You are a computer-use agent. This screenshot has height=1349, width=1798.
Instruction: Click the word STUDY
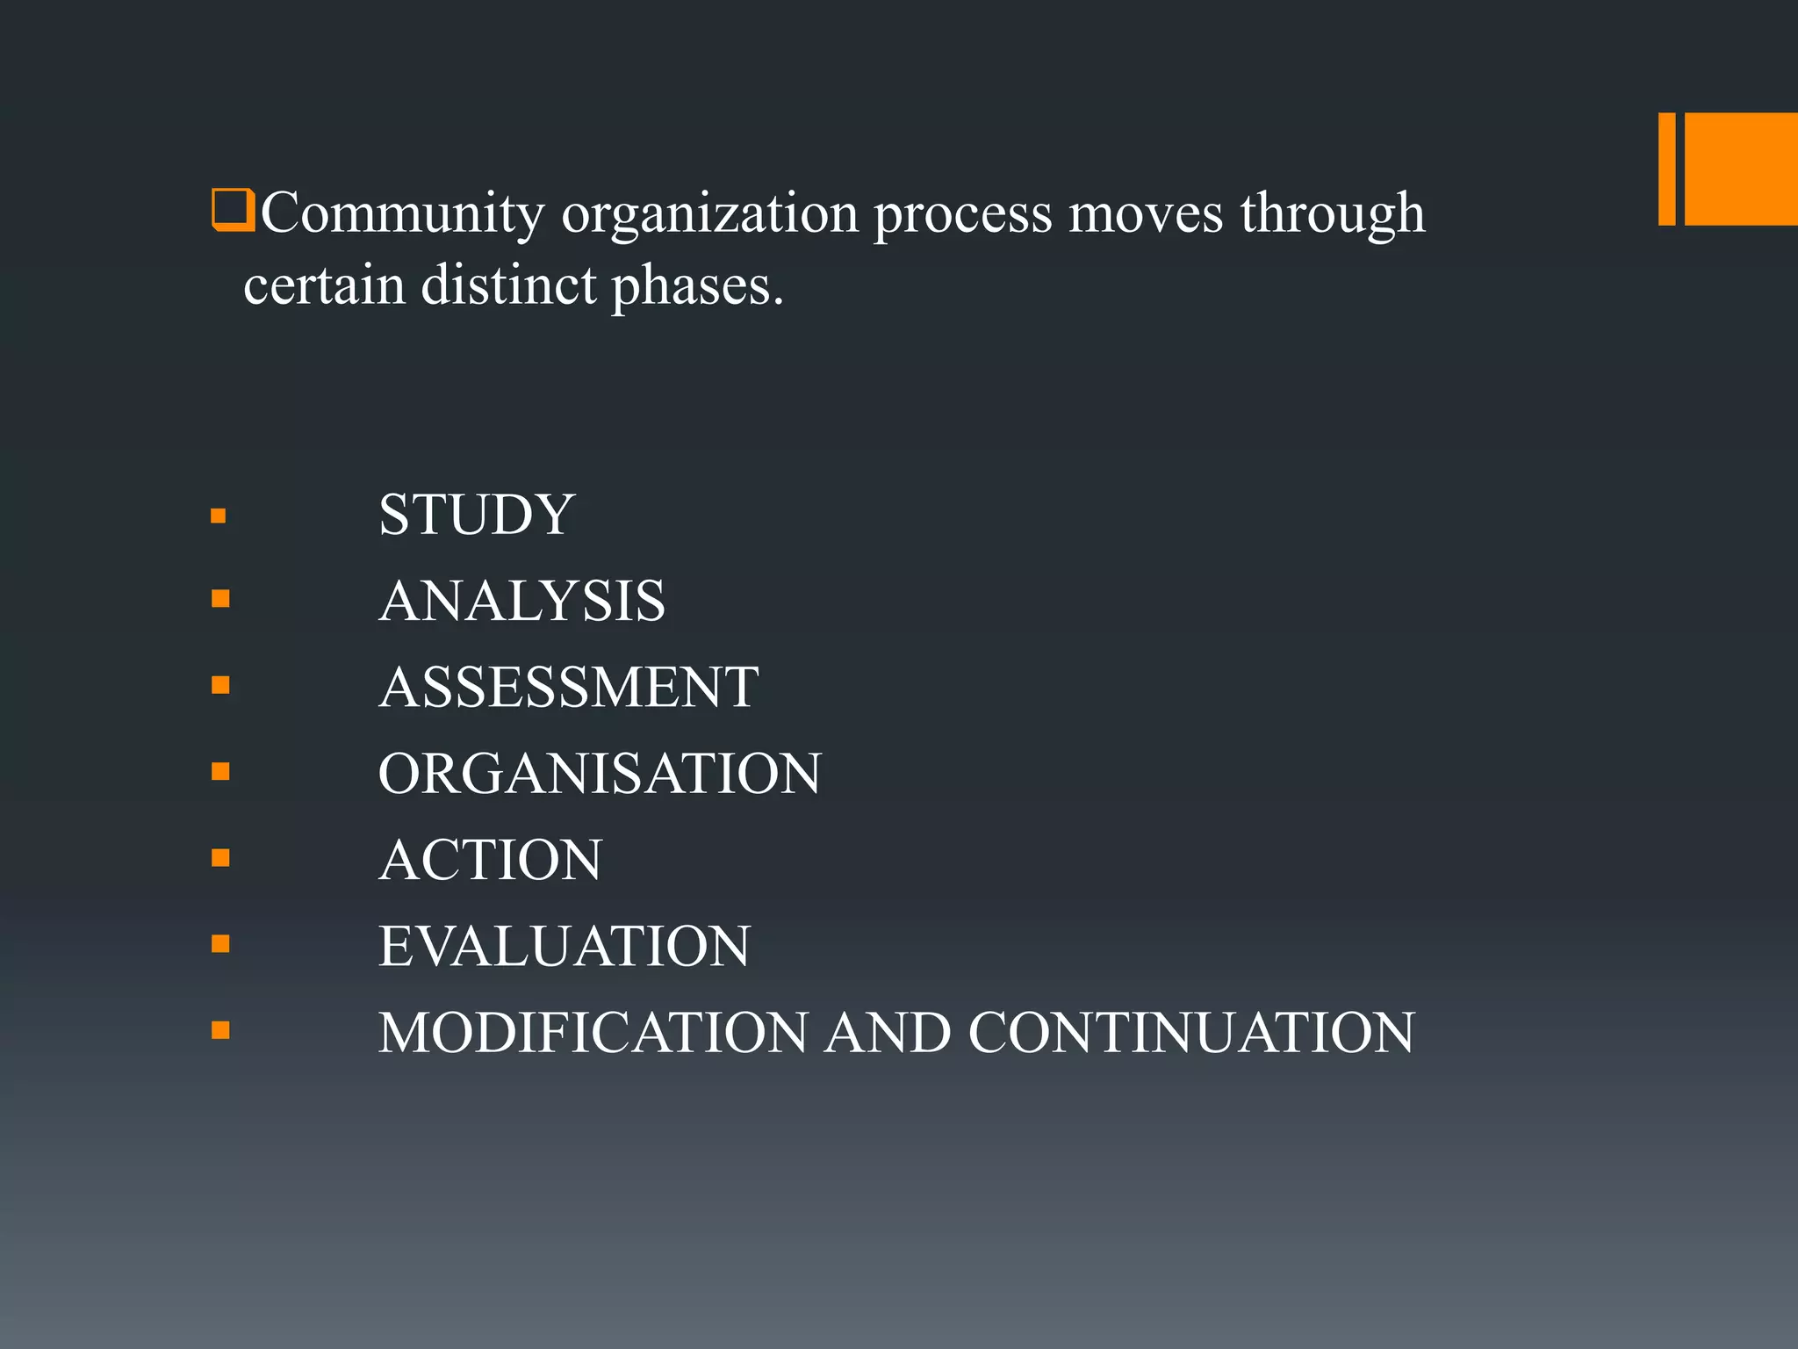click(x=476, y=515)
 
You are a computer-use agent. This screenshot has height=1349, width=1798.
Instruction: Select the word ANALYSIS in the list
click(x=522, y=602)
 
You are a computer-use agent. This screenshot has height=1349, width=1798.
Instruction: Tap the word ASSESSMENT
click(x=569, y=687)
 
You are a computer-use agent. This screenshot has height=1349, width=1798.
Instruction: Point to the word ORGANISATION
click(x=600, y=774)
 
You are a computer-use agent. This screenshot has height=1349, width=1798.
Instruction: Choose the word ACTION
click(x=491, y=860)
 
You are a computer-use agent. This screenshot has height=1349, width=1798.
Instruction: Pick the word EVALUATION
click(x=565, y=946)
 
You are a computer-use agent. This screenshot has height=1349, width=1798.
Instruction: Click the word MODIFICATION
click(x=593, y=1032)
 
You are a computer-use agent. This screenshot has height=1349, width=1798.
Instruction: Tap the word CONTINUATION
click(x=1191, y=1032)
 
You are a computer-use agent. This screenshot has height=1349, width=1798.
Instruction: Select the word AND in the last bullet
click(x=888, y=1032)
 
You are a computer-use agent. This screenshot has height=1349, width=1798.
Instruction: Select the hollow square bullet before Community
click(x=233, y=211)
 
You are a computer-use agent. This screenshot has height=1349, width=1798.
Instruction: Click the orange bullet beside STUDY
click(x=219, y=516)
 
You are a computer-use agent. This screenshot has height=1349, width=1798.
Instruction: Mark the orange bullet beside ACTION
click(x=220, y=858)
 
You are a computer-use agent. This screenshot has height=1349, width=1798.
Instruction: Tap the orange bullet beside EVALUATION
click(x=220, y=944)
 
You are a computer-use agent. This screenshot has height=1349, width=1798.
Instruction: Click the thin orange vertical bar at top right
click(x=1666, y=169)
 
